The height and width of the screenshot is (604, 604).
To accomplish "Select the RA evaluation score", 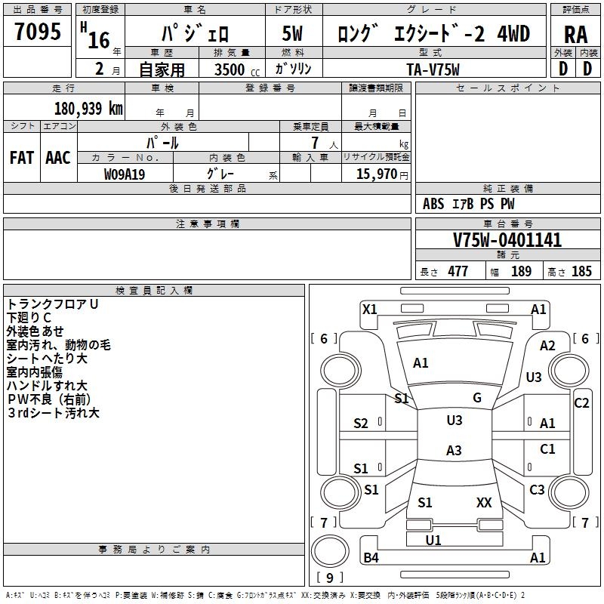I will tap(575, 34).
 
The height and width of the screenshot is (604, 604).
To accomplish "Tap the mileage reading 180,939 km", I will tap(88, 108).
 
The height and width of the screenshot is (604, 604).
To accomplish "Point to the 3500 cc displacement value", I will tap(232, 69).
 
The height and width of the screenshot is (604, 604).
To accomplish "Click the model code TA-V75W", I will tap(432, 69).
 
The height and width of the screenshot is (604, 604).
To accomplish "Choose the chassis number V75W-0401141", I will tap(507, 240).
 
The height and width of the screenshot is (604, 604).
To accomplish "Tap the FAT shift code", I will tap(22, 158).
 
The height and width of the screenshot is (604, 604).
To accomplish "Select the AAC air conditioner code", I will tap(58, 158).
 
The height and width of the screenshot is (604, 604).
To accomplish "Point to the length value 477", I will tap(458, 272).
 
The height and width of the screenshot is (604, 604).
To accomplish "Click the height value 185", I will tap(581, 272).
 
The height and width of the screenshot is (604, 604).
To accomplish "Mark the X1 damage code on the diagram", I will tap(370, 309).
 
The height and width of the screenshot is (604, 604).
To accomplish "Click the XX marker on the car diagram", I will tap(484, 502).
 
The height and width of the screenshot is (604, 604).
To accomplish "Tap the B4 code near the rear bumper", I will tap(371, 558).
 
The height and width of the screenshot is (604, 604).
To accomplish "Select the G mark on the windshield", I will tap(477, 398).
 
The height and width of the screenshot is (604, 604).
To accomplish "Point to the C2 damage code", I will tap(581, 403).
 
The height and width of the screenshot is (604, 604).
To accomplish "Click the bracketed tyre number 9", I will tap(329, 578).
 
